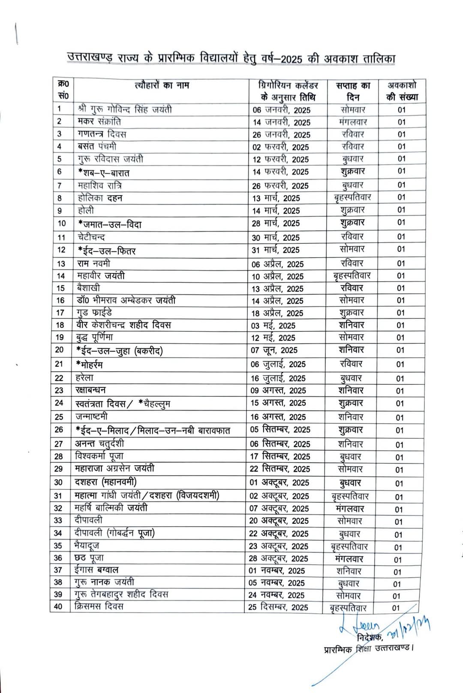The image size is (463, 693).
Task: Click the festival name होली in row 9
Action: (86, 210)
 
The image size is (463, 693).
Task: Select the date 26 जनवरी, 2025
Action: (281, 135)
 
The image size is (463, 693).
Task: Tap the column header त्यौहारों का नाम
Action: (162, 85)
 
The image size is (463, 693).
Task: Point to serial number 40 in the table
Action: (58, 606)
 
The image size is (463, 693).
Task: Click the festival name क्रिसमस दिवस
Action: (99, 606)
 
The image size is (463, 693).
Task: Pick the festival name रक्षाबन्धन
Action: (90, 390)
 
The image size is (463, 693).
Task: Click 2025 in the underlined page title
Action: (292, 59)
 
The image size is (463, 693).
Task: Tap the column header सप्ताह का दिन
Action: (353, 91)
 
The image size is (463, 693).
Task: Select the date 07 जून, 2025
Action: (274, 350)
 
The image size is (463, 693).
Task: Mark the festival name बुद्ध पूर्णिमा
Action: (95, 337)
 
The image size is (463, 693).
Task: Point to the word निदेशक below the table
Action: (370, 638)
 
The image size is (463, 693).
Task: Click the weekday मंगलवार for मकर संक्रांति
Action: (353, 122)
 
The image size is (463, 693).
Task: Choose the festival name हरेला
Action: (84, 378)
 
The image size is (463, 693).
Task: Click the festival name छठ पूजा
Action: (89, 558)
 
